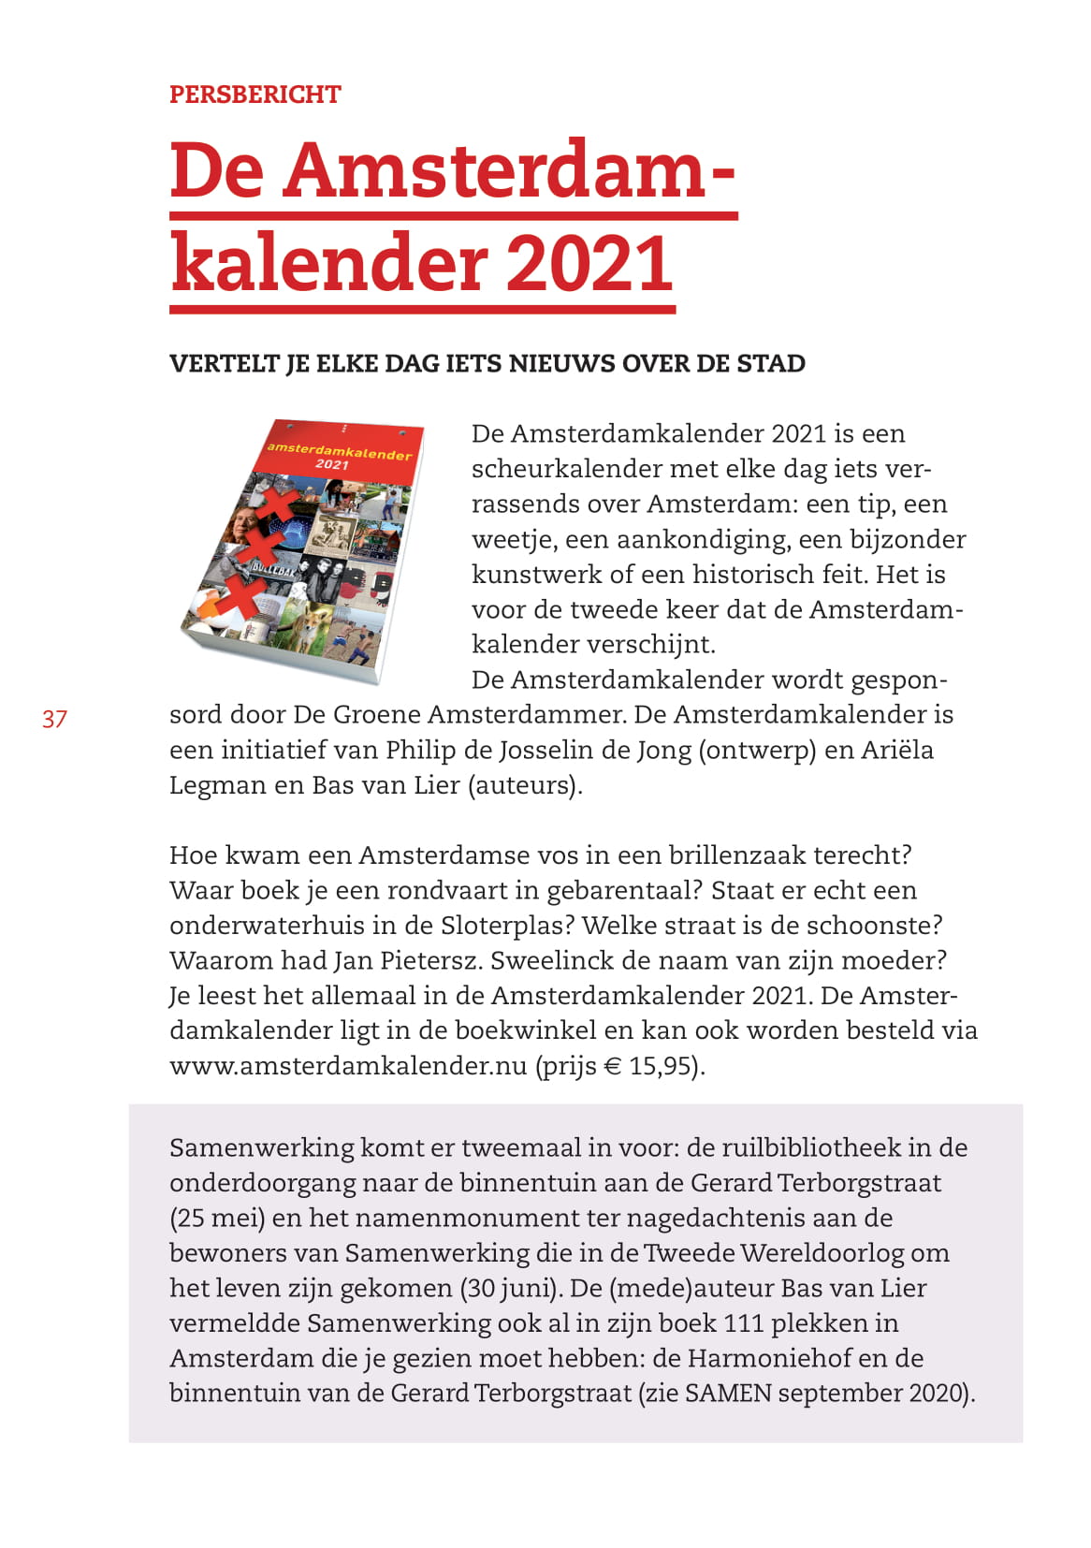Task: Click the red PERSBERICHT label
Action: click(255, 95)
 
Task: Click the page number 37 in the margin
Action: click(54, 719)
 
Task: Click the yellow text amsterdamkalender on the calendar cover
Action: click(339, 451)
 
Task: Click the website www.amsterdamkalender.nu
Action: click(348, 1066)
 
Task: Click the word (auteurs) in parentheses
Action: click(525, 784)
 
